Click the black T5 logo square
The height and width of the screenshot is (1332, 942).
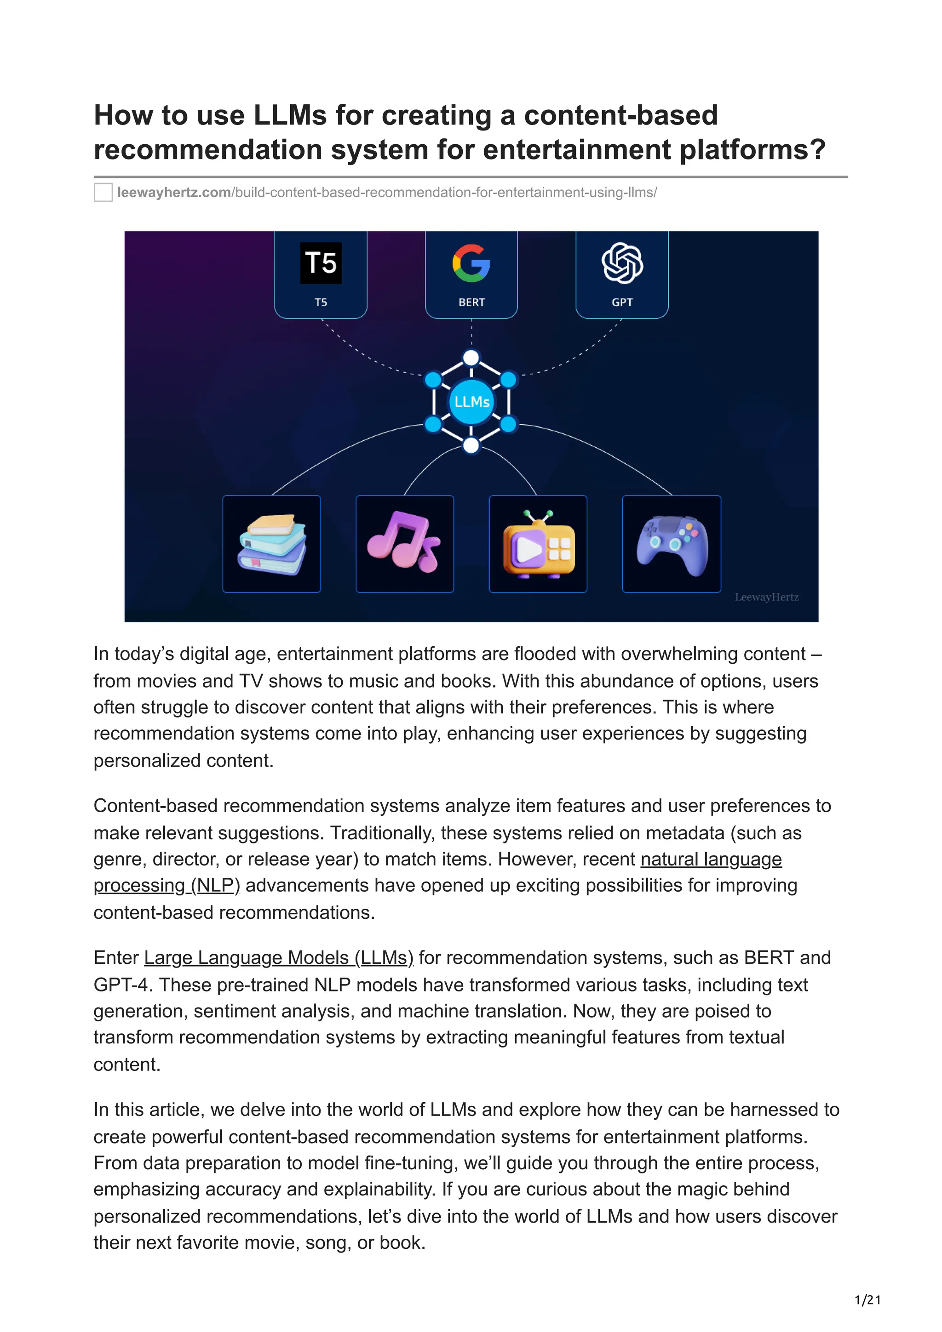tap(321, 263)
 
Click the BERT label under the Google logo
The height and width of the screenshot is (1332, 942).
tap(471, 302)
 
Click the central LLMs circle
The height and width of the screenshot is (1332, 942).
tap(471, 401)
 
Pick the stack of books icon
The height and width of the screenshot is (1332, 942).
tap(272, 544)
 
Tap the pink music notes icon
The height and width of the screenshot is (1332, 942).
tap(405, 542)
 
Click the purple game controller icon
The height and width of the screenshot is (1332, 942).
tap(672, 544)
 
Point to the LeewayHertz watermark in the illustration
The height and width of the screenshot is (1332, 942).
tap(766, 597)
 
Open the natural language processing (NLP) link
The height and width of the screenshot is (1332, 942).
tap(711, 859)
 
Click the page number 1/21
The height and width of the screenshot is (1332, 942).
tap(867, 1300)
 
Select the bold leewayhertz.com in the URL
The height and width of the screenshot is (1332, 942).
tap(174, 193)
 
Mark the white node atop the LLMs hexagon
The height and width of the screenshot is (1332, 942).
tap(471, 358)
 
